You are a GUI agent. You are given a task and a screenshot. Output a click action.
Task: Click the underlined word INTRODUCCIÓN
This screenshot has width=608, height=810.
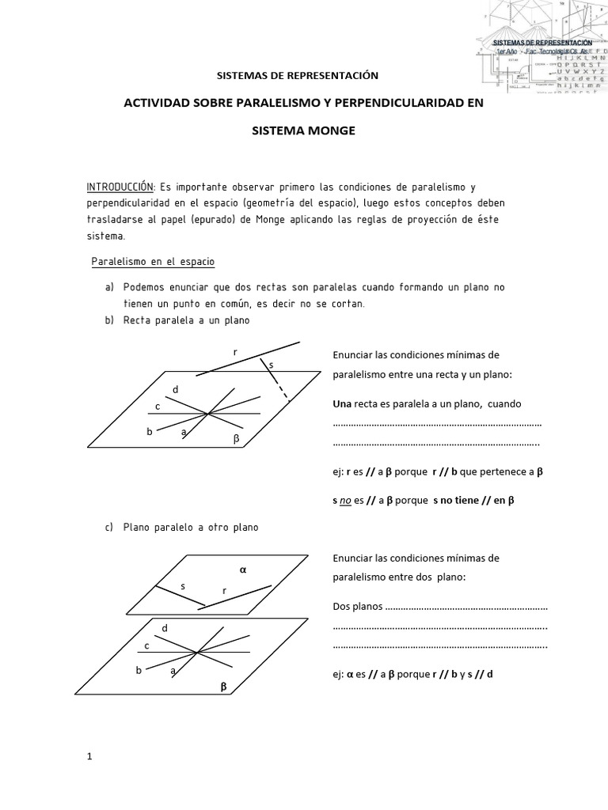[120, 187]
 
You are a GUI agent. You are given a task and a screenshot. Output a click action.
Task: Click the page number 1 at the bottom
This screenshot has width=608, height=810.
[89, 756]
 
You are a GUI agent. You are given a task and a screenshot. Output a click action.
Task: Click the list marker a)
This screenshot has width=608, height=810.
[108, 286]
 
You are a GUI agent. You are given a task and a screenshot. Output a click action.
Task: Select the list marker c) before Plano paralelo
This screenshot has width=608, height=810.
[108, 527]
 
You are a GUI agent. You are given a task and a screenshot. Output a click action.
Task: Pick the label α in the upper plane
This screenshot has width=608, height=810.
[243, 569]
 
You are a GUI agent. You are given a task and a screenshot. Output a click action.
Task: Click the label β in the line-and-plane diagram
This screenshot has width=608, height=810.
[235, 437]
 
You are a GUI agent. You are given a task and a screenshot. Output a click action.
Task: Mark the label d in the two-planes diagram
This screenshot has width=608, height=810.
[165, 627]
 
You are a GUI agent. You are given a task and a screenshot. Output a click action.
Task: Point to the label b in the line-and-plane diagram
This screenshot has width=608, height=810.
[149, 432]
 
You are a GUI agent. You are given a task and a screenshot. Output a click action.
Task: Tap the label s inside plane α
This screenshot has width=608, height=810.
[183, 586]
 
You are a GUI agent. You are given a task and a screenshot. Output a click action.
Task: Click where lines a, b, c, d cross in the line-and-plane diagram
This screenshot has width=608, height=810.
[207, 413]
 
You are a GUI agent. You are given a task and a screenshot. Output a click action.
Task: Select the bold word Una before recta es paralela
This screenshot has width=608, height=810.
[342, 403]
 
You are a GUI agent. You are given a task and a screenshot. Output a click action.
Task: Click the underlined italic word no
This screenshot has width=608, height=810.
[345, 500]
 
